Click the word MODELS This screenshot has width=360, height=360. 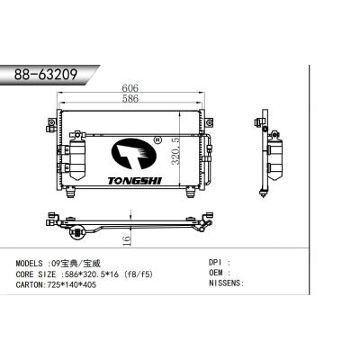pyautogui.click(x=33, y=262)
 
